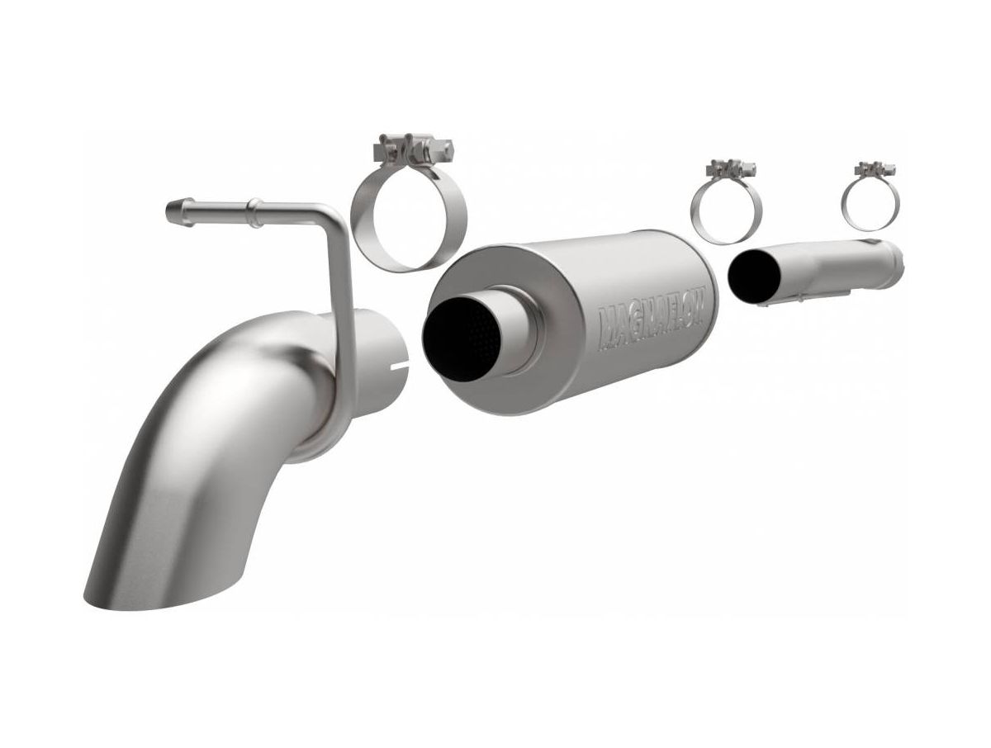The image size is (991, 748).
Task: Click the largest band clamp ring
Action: point(409,226)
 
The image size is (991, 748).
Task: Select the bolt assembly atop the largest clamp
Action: point(413,149)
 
